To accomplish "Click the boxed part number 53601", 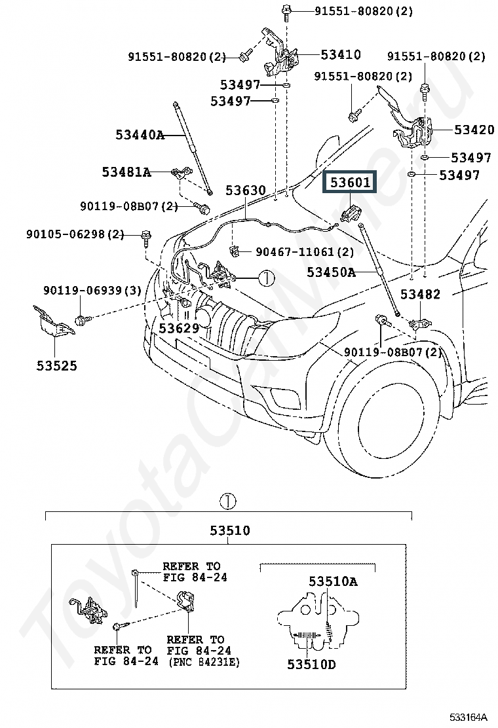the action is tap(350, 181).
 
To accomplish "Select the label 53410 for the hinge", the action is tap(341, 54).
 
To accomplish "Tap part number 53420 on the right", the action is tap(474, 130).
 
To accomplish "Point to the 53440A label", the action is tap(140, 135).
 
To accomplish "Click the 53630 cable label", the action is tap(246, 190).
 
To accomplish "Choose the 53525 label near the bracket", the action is tap(56, 365).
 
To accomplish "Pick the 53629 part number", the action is tap(179, 328).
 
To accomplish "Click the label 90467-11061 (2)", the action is tap(305, 251).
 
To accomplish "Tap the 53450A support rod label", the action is tap(331, 272).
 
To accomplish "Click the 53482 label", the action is tap(420, 294).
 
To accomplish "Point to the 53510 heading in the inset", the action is tap(230, 530).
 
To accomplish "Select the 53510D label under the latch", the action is tap(311, 664).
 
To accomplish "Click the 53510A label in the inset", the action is tap(333, 581).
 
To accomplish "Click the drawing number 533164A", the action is tap(469, 718).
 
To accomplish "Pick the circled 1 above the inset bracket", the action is tap(227, 501).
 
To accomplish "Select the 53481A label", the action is tap(126, 172).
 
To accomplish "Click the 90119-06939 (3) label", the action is tap(92, 290).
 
